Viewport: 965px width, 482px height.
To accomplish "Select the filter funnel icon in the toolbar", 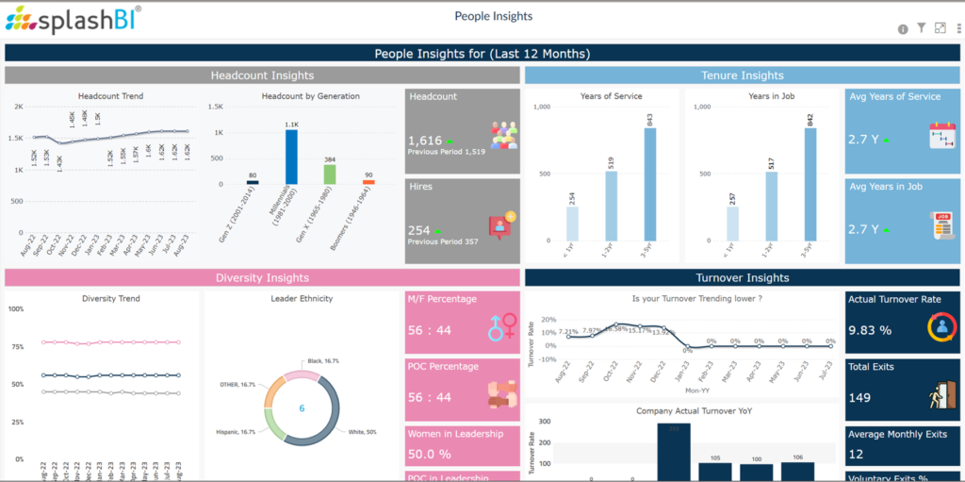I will (921, 28).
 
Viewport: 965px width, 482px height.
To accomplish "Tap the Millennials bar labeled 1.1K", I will (291, 156).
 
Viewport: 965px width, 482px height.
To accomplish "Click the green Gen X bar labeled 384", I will (330, 174).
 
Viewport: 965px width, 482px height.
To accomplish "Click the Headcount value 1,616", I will (425, 141).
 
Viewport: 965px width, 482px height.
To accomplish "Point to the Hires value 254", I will (419, 230).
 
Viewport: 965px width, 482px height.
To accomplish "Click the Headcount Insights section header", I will (262, 75).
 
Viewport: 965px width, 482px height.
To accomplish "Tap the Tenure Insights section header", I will (743, 75).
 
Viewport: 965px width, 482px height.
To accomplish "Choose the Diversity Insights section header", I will (262, 277).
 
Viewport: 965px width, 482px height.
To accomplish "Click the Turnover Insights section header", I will (743, 277).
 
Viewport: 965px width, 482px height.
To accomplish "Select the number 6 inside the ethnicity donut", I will (302, 408).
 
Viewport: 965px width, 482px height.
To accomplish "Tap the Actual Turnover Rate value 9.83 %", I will (870, 330).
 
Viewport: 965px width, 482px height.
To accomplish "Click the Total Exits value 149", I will (859, 397).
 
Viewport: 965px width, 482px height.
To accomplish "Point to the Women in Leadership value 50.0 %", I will (429, 455).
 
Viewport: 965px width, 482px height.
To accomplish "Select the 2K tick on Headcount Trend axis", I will (18, 107).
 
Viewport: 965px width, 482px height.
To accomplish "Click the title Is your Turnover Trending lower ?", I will (684, 299).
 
